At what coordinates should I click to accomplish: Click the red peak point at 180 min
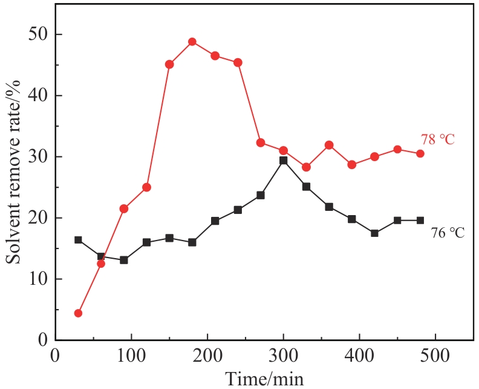pyautogui.click(x=192, y=42)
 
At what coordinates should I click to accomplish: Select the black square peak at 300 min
pyautogui.click(x=283, y=161)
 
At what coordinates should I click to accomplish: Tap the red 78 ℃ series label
pyautogui.click(x=437, y=140)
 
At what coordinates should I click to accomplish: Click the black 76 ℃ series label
pyautogui.click(x=448, y=233)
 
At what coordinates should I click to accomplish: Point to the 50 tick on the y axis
pyautogui.click(x=39, y=35)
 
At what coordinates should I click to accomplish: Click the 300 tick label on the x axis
pyautogui.click(x=283, y=355)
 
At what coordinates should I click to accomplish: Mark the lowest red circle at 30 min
pyautogui.click(x=78, y=313)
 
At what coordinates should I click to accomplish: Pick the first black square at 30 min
pyautogui.click(x=78, y=240)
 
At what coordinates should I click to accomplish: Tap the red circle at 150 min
pyautogui.click(x=169, y=64)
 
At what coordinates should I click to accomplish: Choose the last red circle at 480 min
pyautogui.click(x=420, y=153)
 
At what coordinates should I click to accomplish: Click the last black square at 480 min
pyautogui.click(x=420, y=221)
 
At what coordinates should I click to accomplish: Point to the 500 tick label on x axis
pyautogui.click(x=435, y=355)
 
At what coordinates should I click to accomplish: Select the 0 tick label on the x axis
pyautogui.click(x=56, y=355)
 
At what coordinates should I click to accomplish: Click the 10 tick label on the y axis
pyautogui.click(x=39, y=279)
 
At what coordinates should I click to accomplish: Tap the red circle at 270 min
pyautogui.click(x=261, y=143)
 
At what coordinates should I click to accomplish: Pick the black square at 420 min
pyautogui.click(x=374, y=233)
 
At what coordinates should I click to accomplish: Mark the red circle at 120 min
pyautogui.click(x=146, y=187)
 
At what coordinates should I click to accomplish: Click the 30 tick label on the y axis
pyautogui.click(x=39, y=157)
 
